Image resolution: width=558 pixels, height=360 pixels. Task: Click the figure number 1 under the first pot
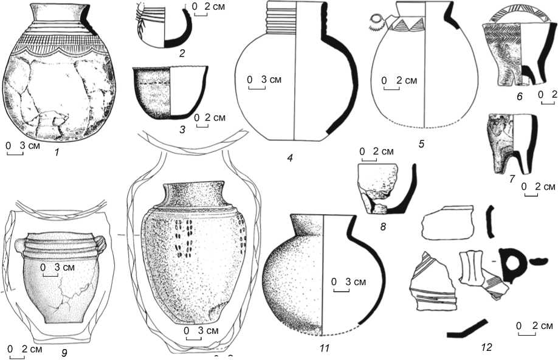tap(56, 152)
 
